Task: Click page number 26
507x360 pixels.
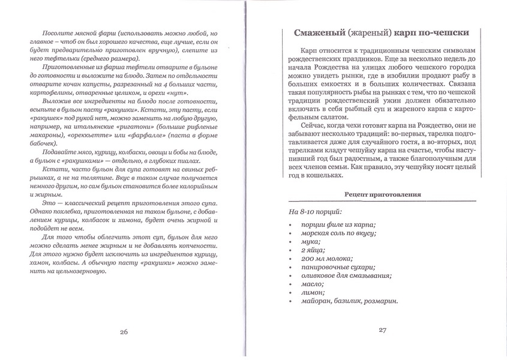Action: pos(124,332)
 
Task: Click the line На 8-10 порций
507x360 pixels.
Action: pos(315,212)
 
